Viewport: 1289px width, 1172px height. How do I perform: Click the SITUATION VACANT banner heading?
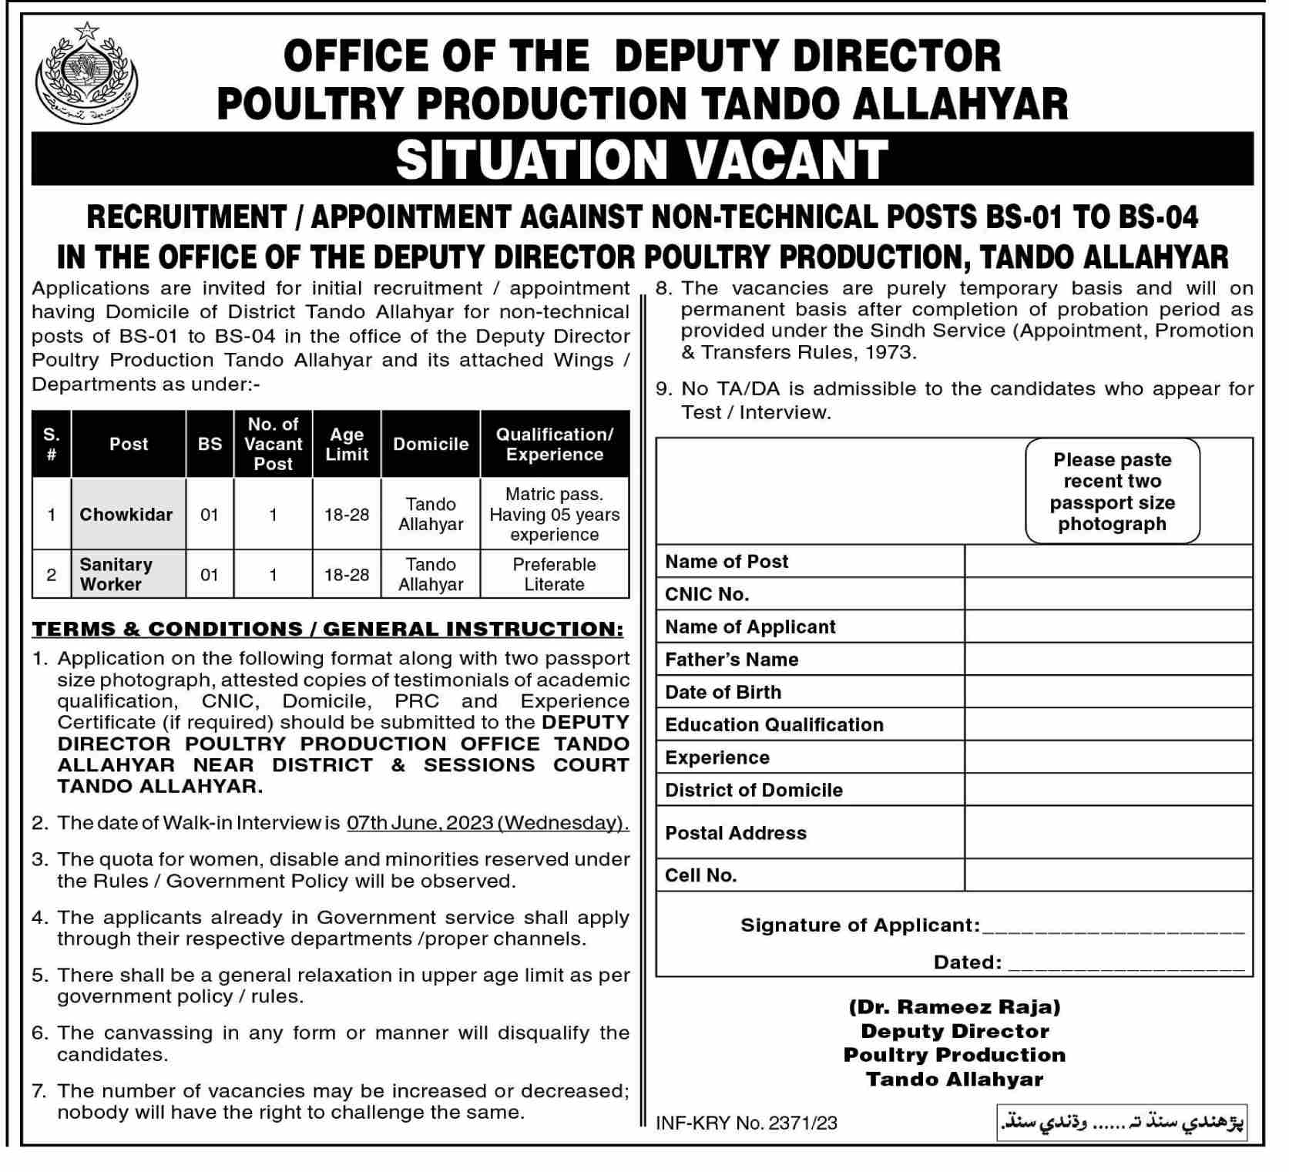[642, 159]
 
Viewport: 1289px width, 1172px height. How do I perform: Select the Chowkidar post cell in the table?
[128, 514]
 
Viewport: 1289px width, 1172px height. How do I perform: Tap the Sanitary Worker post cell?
[128, 574]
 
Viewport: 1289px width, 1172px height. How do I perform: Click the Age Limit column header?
[347, 444]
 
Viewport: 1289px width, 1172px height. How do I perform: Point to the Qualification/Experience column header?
[554, 444]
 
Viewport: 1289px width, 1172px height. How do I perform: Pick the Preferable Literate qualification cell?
[554, 574]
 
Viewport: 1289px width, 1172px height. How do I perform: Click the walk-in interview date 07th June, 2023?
[487, 823]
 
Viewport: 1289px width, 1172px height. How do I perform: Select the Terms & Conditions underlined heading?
[327, 629]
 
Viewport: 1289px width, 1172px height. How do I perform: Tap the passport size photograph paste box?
[1112, 492]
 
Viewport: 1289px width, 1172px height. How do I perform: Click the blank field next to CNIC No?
[1108, 594]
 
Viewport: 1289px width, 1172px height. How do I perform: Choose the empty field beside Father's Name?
[1108, 660]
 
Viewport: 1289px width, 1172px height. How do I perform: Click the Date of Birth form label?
[723, 692]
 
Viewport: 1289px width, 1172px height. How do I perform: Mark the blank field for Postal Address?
[1108, 833]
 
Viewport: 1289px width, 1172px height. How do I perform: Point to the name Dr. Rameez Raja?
[955, 1007]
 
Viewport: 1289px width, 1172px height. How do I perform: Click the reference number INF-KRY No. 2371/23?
[746, 1123]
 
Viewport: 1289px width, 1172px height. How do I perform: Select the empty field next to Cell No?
[1108, 875]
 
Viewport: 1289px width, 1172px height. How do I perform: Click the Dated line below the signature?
[1125, 963]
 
